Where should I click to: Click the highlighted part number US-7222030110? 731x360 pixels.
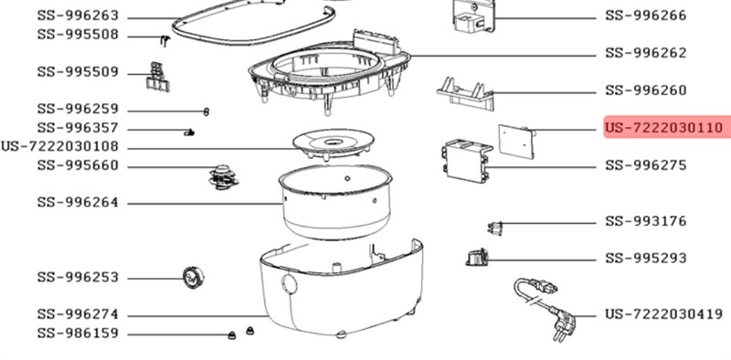point(664,127)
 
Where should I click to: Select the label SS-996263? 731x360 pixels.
point(78,16)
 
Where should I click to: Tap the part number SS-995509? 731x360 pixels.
point(78,72)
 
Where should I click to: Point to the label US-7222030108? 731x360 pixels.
point(59,147)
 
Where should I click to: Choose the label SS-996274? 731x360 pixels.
point(78,314)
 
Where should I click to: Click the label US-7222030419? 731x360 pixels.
point(664,313)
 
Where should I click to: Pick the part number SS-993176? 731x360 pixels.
point(646,220)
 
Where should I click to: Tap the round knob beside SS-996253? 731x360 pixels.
point(193,278)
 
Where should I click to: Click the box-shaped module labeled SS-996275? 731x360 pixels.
point(467,161)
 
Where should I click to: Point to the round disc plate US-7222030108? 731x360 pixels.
point(334,143)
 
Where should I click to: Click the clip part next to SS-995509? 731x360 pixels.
point(157,77)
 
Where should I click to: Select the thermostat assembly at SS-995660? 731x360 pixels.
point(223,177)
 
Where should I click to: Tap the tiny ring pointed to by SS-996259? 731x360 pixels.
point(207,111)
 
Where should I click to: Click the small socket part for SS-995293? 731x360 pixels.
point(477,258)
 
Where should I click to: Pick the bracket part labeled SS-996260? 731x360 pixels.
point(465,93)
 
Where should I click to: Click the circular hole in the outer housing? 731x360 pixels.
point(289,283)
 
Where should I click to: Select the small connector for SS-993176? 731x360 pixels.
point(494,228)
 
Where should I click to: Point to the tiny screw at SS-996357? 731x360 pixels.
point(189,132)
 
